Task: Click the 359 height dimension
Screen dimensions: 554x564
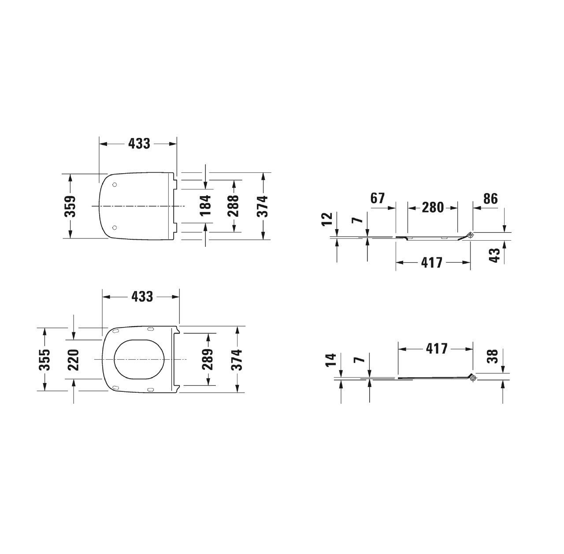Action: point(70,206)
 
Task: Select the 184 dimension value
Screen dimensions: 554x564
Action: point(206,205)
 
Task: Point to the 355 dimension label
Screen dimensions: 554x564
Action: point(44,360)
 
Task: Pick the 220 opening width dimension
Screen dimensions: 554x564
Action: point(73,360)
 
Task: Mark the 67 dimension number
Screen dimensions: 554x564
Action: point(378,198)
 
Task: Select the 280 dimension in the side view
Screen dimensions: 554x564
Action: point(432,207)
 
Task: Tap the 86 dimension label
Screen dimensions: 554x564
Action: point(490,199)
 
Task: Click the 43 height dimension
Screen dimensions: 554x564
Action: point(495,255)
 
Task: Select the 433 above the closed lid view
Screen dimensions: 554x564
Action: point(139,144)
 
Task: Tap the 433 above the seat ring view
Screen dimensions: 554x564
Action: point(142,297)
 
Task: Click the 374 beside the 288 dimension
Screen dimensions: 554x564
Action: point(263,205)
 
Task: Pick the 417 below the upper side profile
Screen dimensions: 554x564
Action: point(432,263)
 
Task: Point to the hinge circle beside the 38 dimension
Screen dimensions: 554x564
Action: point(473,378)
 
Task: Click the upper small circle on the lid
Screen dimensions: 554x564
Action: point(115,185)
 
